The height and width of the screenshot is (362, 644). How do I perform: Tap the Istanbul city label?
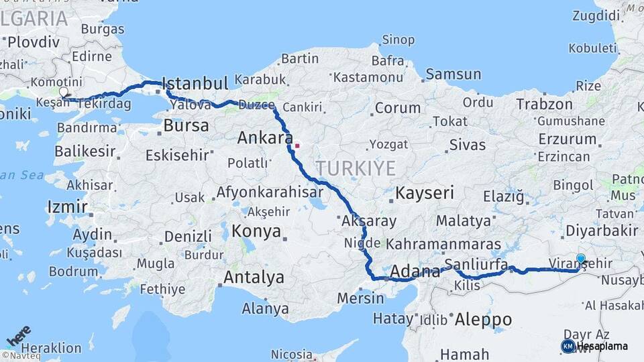pos(195,84)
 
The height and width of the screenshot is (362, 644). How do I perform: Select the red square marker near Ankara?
pos(297,145)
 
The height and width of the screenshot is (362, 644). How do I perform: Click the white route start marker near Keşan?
pos(64,91)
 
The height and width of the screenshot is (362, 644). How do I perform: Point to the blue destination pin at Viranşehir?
pos(580,259)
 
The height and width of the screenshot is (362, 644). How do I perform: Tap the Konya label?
pos(256,232)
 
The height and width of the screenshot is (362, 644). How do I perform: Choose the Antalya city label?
pos(254,278)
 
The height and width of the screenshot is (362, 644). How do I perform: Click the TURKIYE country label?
pos(356,168)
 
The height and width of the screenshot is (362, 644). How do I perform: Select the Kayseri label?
pos(425,194)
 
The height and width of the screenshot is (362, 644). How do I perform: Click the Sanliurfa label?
pos(476,263)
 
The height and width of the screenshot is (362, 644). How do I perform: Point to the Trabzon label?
pos(544,104)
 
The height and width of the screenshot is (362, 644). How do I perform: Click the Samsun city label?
pos(453,74)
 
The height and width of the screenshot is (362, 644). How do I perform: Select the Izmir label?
pos(67,206)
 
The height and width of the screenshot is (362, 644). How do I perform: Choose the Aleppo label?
pos(483,320)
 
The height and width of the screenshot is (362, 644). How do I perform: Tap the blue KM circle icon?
pos(568,346)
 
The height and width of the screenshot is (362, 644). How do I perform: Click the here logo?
pos(19,336)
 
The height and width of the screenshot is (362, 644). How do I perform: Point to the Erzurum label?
pos(567,139)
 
